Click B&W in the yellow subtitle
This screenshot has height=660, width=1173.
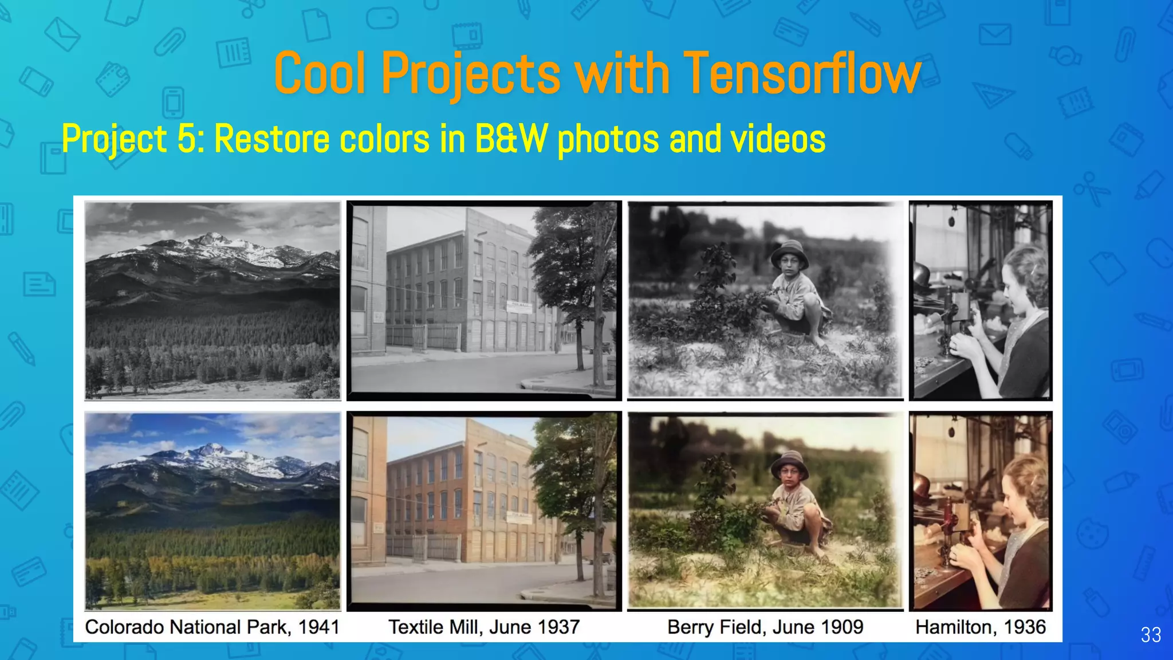[511, 139]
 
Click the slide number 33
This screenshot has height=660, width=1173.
[1151, 635]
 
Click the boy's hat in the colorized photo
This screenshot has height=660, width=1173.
[789, 461]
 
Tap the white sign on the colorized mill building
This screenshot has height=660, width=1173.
[519, 517]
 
